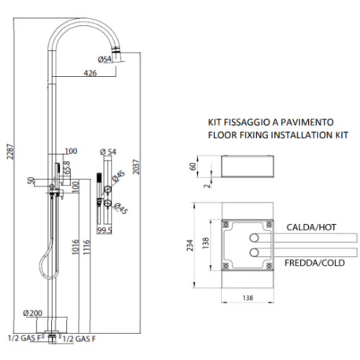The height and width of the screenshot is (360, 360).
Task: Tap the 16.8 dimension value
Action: [x=68, y=166]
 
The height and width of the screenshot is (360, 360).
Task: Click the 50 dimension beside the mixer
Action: [x=30, y=181]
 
